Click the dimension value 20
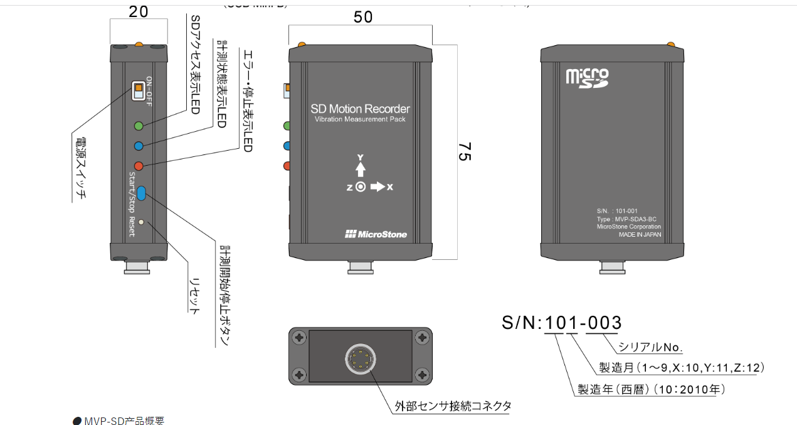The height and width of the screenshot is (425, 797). tap(139, 11)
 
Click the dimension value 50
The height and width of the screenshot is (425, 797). tap(363, 17)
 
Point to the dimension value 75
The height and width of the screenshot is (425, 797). tap(464, 152)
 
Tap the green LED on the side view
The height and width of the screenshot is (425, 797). tap(139, 126)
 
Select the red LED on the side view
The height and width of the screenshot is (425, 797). tap(139, 166)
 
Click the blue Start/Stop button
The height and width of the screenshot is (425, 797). tap(142, 193)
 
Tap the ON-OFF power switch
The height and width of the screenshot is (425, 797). tap(137, 91)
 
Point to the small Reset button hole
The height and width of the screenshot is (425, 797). tap(142, 222)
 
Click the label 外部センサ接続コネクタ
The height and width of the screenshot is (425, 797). tap(453, 406)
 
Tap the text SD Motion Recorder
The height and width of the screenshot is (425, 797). tap(360, 109)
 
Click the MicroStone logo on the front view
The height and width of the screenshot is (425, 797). tap(376, 234)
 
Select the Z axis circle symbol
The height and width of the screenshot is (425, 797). tap(360, 186)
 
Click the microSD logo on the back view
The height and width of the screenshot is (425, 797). tap(587, 77)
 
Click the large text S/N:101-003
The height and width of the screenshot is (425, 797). tap(562, 323)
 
